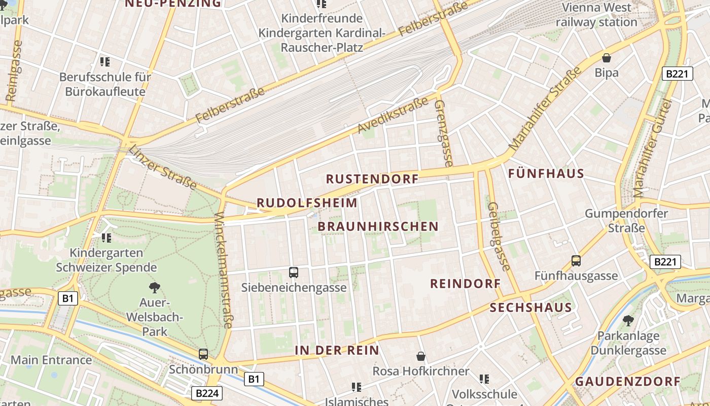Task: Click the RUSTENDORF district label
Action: tap(372, 179)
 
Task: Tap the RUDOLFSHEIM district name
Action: tap(307, 203)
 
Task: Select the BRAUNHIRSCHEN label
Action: tap(378, 226)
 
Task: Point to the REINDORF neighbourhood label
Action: tap(465, 284)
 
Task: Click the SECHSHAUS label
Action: tap(530, 308)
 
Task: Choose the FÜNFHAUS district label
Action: tap(546, 174)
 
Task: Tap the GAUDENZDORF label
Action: tap(627, 382)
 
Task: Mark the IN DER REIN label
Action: tap(337, 350)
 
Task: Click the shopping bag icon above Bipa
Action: tap(606, 58)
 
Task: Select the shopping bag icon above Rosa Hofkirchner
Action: tap(420, 356)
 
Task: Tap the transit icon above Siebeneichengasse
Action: tap(293, 273)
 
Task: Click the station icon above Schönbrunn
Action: tap(203, 354)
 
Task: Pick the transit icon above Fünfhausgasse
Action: tap(576, 261)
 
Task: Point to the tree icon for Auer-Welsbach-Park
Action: tap(154, 288)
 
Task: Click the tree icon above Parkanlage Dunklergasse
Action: tap(628, 321)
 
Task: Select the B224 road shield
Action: tap(208, 393)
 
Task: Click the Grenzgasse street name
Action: tap(443, 133)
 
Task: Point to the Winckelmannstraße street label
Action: tap(224, 270)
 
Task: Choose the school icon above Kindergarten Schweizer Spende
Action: tap(106, 238)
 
